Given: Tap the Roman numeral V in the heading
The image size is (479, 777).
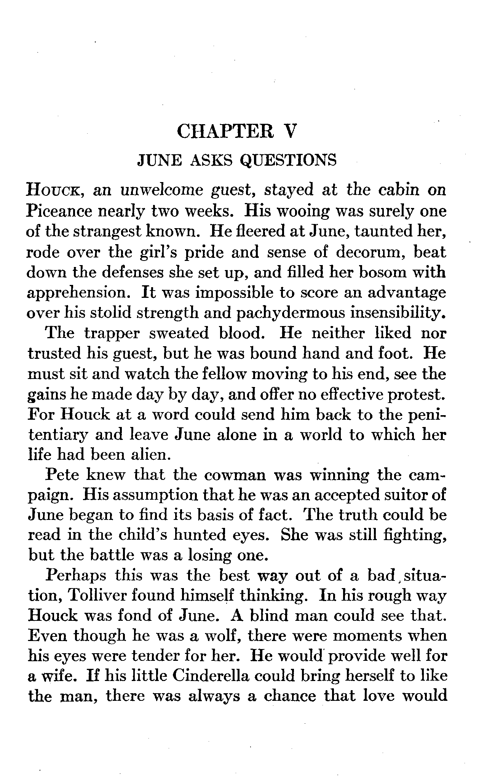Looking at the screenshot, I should [x=290, y=132].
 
